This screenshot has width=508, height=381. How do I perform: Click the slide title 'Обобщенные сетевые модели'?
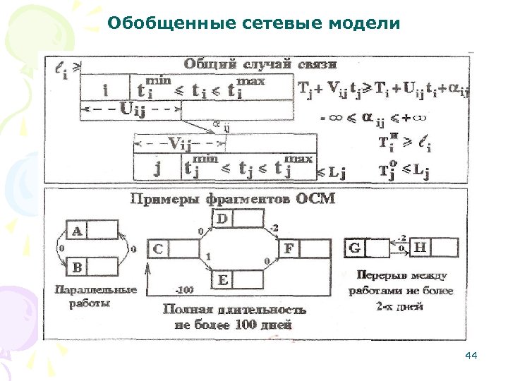254,24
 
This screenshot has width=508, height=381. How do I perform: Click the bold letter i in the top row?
106,90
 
